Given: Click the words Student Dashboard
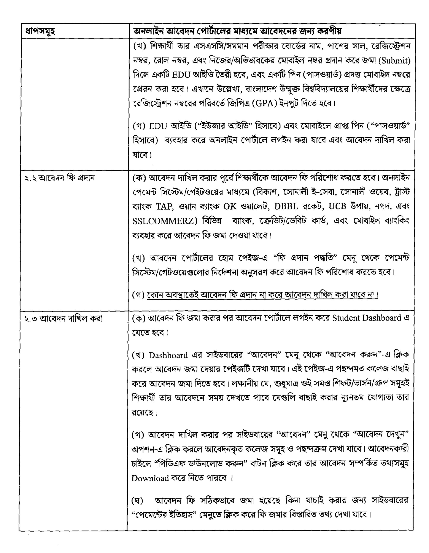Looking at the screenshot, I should coord(366,318).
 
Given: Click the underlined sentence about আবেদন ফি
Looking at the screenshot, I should coord(262,295).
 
